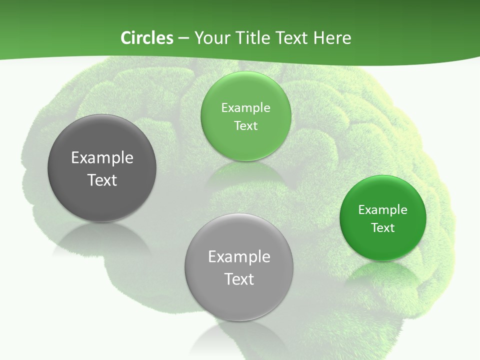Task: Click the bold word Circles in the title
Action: (x=146, y=38)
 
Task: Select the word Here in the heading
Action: (x=332, y=38)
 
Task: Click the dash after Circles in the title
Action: (x=183, y=38)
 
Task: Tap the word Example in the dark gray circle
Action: (x=102, y=158)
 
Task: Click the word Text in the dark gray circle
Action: (x=102, y=180)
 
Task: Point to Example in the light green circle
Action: (x=246, y=108)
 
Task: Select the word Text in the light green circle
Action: (x=246, y=126)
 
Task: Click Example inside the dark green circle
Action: (x=383, y=210)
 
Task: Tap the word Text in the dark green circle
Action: (x=383, y=228)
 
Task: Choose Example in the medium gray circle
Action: (x=239, y=257)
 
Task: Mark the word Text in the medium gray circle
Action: (x=239, y=279)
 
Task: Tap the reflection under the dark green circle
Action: (x=383, y=272)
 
